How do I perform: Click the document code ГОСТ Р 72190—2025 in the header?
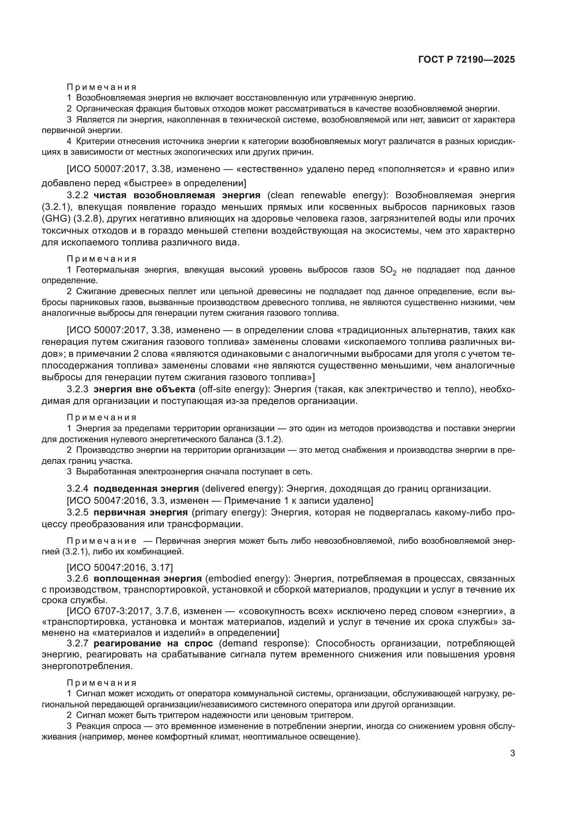[x=467, y=60]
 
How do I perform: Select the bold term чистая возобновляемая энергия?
[x=177, y=195]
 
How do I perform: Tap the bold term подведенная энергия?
[x=146, y=489]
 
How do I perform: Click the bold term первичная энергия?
[x=140, y=513]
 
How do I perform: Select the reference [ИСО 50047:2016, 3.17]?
[x=120, y=567]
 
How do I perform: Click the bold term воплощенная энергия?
[x=148, y=579]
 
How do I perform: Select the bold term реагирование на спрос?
[x=153, y=644]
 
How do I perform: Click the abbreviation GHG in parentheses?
[x=53, y=219]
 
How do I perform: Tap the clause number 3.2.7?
[x=77, y=644]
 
